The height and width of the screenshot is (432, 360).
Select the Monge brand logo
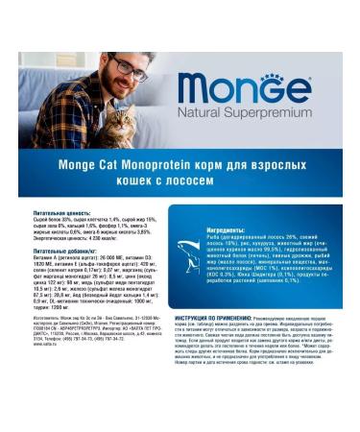tap(244, 90)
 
